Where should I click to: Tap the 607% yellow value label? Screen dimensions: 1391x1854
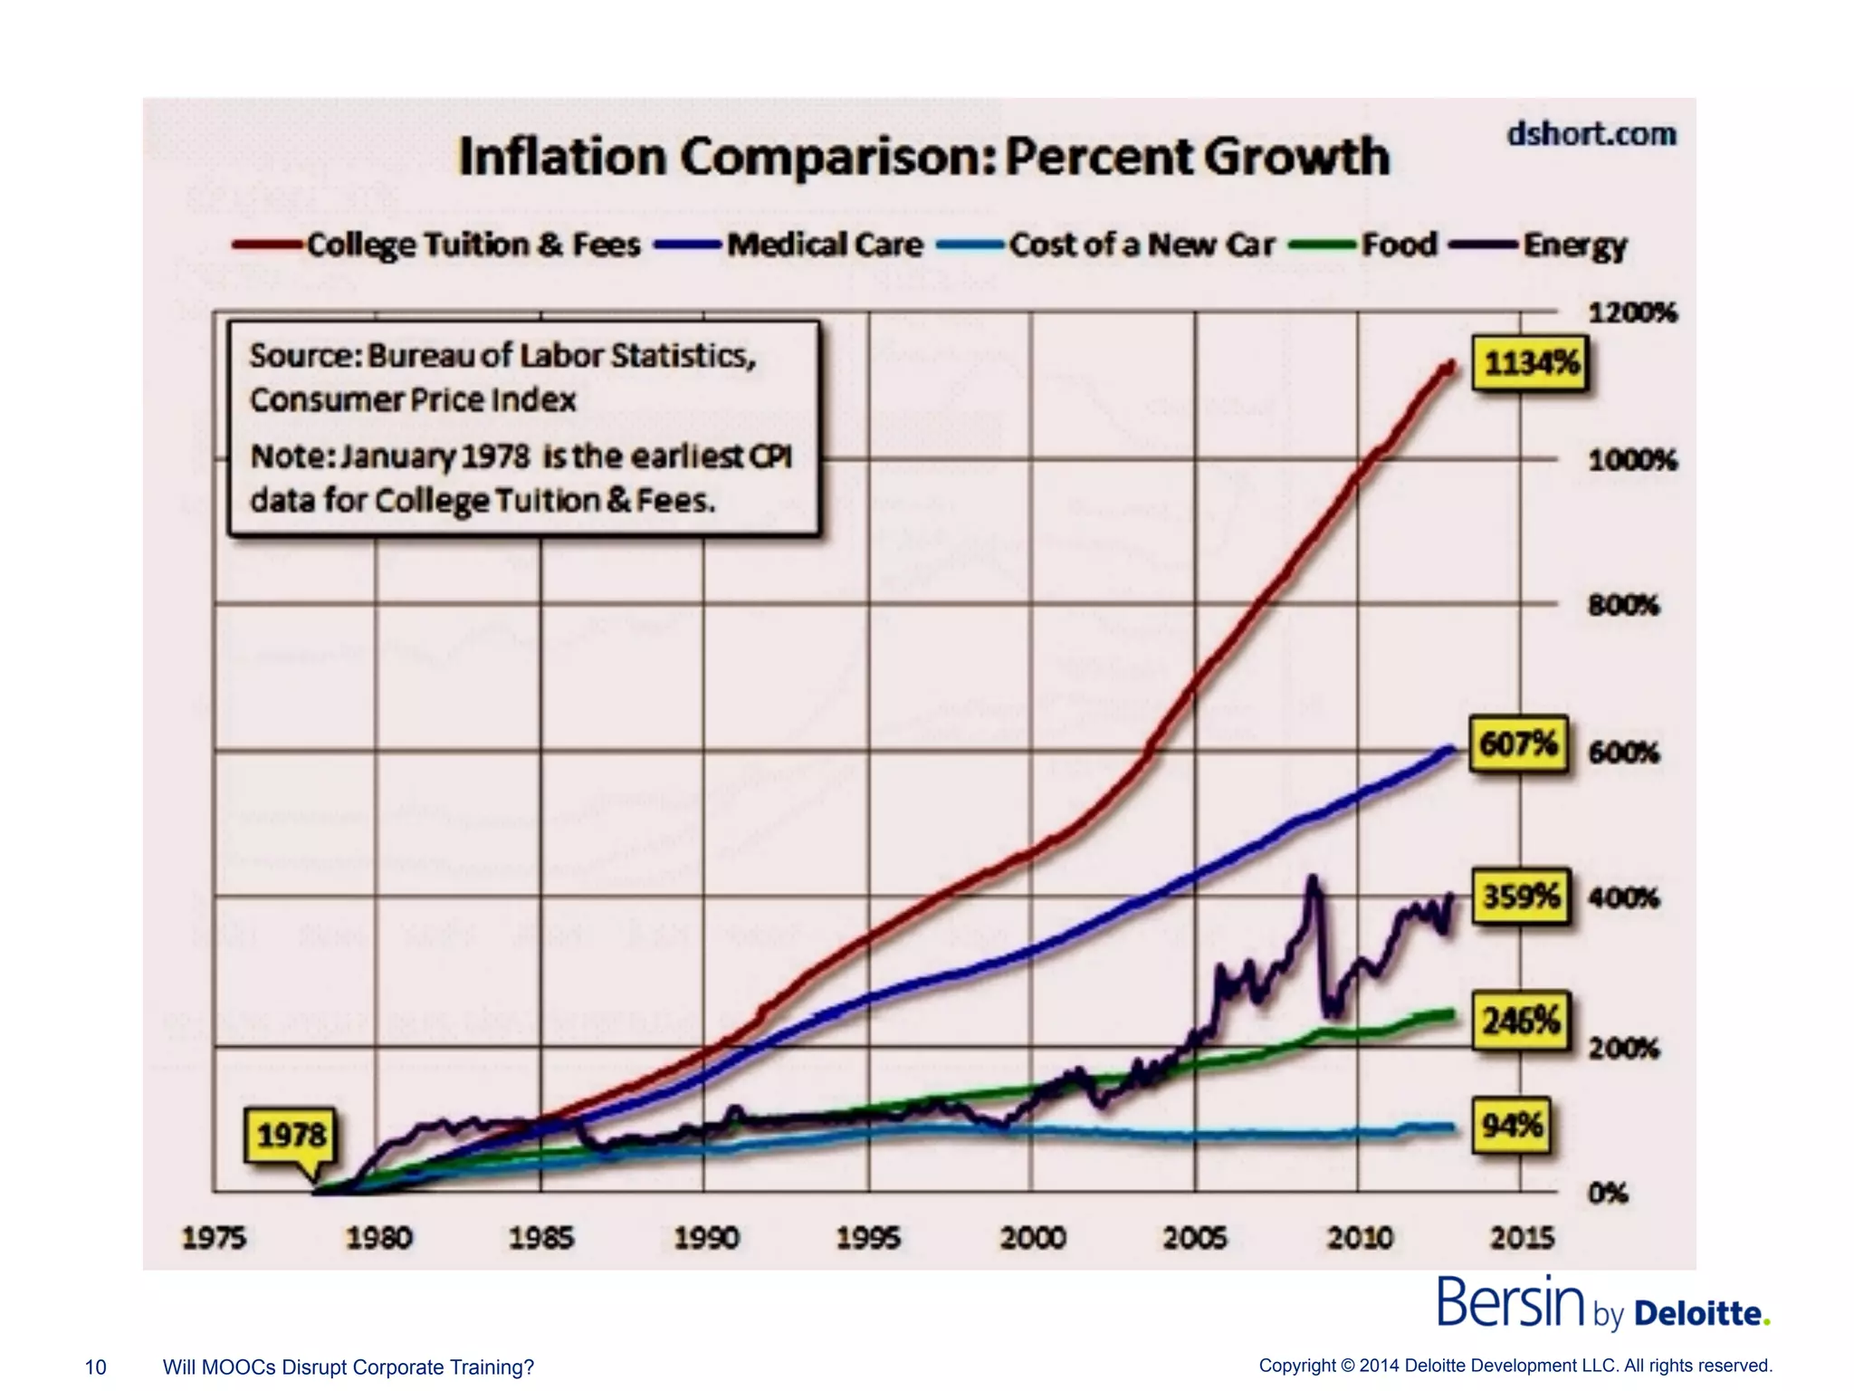(1518, 745)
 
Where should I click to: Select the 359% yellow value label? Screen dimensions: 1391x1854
(1521, 897)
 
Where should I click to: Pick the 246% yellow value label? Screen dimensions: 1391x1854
(1521, 1022)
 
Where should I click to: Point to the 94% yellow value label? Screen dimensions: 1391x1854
(1512, 1126)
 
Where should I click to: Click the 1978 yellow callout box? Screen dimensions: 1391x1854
(291, 1135)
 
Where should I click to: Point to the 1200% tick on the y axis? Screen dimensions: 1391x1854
(1632, 313)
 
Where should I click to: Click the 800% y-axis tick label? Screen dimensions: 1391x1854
(1623, 605)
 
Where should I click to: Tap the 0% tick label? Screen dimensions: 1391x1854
(1608, 1193)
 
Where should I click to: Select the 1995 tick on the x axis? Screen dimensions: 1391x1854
(868, 1237)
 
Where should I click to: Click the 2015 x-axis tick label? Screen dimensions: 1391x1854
(1522, 1237)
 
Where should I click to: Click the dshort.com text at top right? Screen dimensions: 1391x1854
(1591, 134)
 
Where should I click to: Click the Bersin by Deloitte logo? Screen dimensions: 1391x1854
(1602, 1304)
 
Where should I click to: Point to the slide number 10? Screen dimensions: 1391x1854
(95, 1367)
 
